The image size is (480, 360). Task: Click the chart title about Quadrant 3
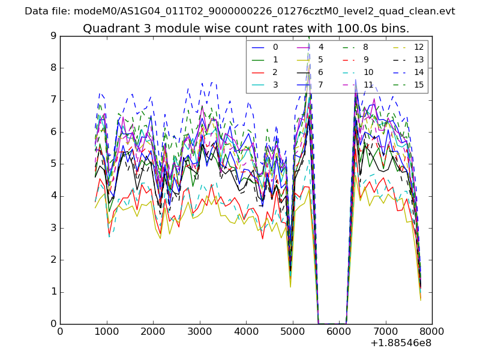click(246, 29)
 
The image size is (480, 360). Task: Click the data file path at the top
click(240, 11)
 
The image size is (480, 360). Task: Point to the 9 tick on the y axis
click(53, 36)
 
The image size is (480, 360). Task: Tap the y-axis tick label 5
click(53, 164)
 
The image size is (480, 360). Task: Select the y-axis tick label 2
click(53, 260)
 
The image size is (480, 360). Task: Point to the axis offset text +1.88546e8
click(401, 343)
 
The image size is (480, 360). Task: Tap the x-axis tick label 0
click(60, 332)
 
